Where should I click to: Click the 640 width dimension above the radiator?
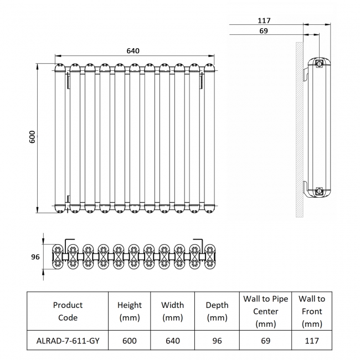(133, 51)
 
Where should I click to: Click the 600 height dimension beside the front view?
(32, 137)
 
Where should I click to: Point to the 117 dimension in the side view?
(264, 20)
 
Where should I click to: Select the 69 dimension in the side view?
(264, 31)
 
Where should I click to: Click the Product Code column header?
(68, 311)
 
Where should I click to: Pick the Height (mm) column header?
(130, 311)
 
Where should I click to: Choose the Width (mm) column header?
(173, 311)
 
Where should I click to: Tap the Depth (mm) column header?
(217, 311)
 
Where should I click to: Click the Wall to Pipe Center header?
(265, 311)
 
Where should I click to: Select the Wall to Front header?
(312, 311)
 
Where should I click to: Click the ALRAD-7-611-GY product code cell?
(68, 341)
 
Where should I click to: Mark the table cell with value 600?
(130, 341)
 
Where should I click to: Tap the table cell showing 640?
(173, 341)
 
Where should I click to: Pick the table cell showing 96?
(217, 341)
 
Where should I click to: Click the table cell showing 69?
(265, 341)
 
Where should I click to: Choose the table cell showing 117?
(312, 341)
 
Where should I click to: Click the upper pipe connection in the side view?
(320, 64)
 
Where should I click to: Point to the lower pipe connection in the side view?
(320, 192)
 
